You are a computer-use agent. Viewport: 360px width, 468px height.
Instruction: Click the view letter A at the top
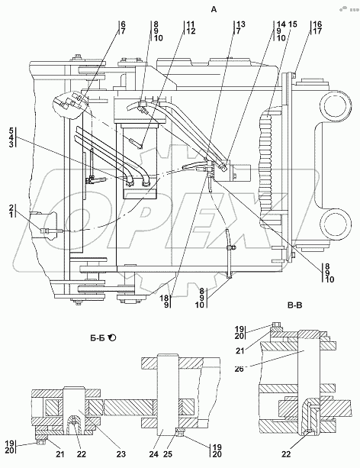click(x=214, y=10)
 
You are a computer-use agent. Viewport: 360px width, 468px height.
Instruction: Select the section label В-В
click(x=294, y=305)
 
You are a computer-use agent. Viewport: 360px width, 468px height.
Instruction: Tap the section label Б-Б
click(x=97, y=338)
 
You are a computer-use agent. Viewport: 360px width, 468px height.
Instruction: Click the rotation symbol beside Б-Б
click(x=113, y=338)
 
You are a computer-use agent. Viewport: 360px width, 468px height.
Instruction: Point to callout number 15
click(x=293, y=24)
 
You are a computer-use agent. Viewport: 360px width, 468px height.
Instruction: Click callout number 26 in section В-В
click(x=239, y=370)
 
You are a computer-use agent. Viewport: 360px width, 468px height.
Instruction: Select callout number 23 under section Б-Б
click(x=121, y=454)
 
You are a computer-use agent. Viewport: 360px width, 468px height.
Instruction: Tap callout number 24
click(x=153, y=454)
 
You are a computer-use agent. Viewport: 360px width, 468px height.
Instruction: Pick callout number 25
click(x=168, y=454)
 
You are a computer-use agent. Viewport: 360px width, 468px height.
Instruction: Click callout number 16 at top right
click(x=317, y=24)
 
